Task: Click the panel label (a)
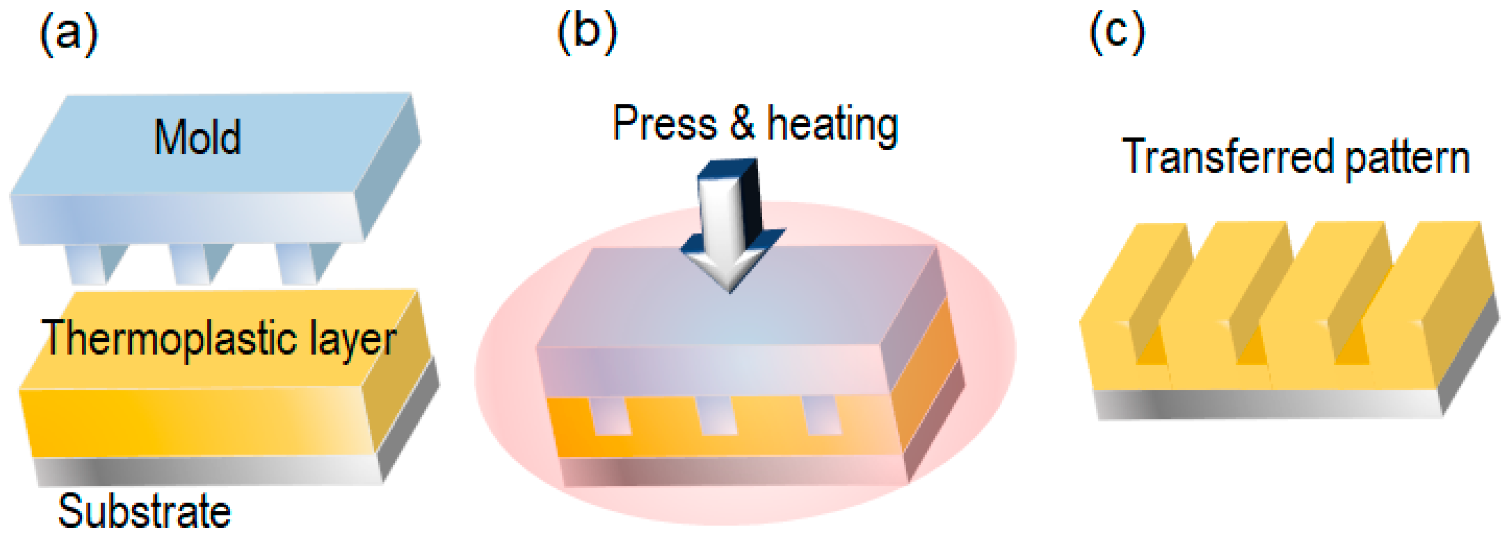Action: (x=68, y=35)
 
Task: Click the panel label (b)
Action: (x=587, y=33)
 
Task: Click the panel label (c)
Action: (x=1116, y=33)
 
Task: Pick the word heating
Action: (x=832, y=125)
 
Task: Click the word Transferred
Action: (x=1227, y=157)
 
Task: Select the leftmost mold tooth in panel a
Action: (x=94, y=263)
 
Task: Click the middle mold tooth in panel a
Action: (x=199, y=263)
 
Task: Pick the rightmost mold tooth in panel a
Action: (x=304, y=263)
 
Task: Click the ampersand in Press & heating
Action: (x=742, y=123)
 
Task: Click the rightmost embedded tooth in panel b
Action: (x=822, y=416)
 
